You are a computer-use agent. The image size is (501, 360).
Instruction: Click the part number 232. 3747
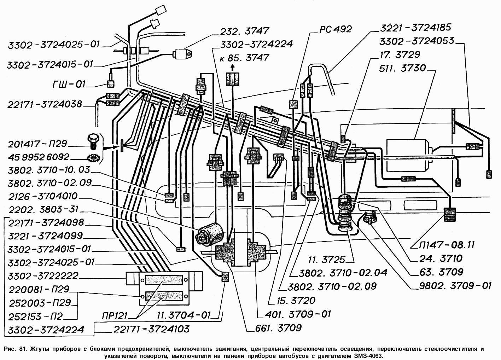coord(245,31)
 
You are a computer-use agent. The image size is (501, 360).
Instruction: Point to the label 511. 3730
coord(402,68)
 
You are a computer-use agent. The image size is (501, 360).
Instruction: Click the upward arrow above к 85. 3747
coord(232,68)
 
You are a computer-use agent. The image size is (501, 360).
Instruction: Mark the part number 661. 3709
coord(278,328)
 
